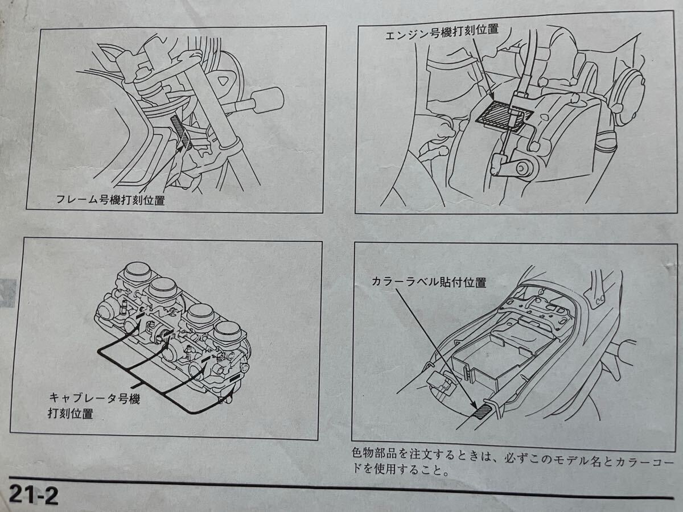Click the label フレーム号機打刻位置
coord(110,200)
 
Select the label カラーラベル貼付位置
coord(429,282)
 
